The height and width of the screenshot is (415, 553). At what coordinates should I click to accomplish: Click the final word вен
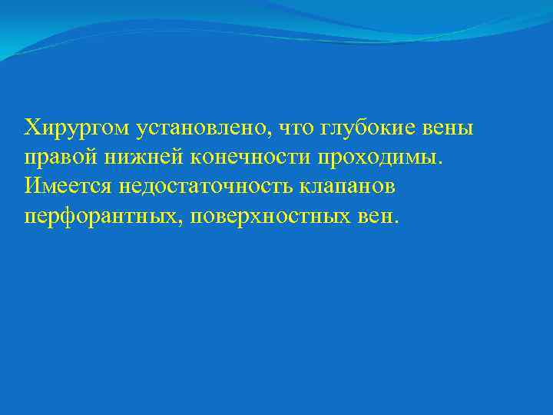376,217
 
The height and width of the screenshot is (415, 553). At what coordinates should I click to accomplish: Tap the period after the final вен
396,221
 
